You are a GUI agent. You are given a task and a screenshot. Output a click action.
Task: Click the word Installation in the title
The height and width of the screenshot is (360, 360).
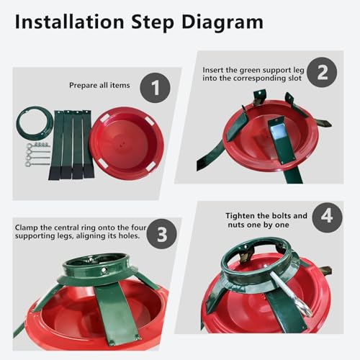[x=69, y=22]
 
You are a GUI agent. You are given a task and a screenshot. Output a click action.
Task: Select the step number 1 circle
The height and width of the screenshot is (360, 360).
[x=156, y=88]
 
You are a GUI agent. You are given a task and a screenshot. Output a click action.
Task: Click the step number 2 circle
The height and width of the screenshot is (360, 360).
[x=322, y=72]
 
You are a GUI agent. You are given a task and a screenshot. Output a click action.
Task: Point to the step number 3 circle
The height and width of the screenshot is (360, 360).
[x=162, y=234]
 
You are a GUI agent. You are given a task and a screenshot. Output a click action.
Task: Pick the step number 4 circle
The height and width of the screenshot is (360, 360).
[x=327, y=217]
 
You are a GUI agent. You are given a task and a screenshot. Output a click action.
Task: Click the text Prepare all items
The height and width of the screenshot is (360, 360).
[x=99, y=86]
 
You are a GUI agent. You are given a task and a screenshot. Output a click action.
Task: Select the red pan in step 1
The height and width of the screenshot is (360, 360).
[x=127, y=143]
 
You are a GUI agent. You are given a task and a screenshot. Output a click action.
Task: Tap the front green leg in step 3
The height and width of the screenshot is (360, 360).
[x=116, y=315]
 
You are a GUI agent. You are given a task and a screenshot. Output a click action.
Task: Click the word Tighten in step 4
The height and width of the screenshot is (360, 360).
[x=240, y=216]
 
